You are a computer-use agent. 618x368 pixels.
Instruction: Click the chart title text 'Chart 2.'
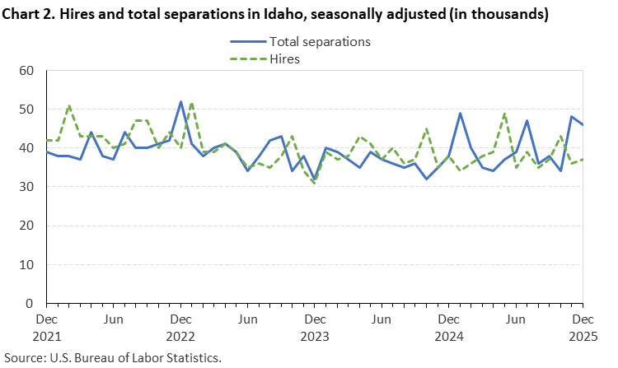(32, 14)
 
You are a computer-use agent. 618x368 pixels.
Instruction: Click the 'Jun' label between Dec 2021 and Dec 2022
(114, 318)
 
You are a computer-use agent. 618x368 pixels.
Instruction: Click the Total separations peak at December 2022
(180, 102)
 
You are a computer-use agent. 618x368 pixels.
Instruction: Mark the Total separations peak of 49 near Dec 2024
(460, 114)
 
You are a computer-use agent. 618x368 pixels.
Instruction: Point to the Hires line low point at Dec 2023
(314, 183)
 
